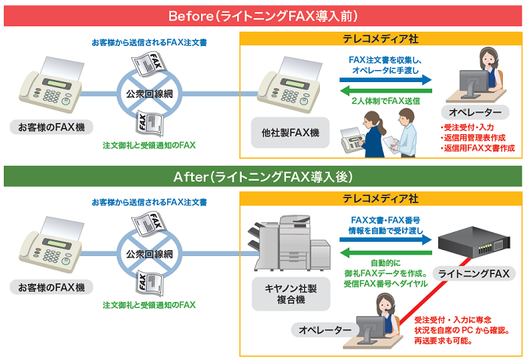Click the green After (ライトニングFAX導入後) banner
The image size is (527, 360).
263,177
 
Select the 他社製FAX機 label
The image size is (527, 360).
290,133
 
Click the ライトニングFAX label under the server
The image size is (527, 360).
474,273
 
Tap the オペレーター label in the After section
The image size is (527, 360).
325,330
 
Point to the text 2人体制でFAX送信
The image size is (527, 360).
385,101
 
